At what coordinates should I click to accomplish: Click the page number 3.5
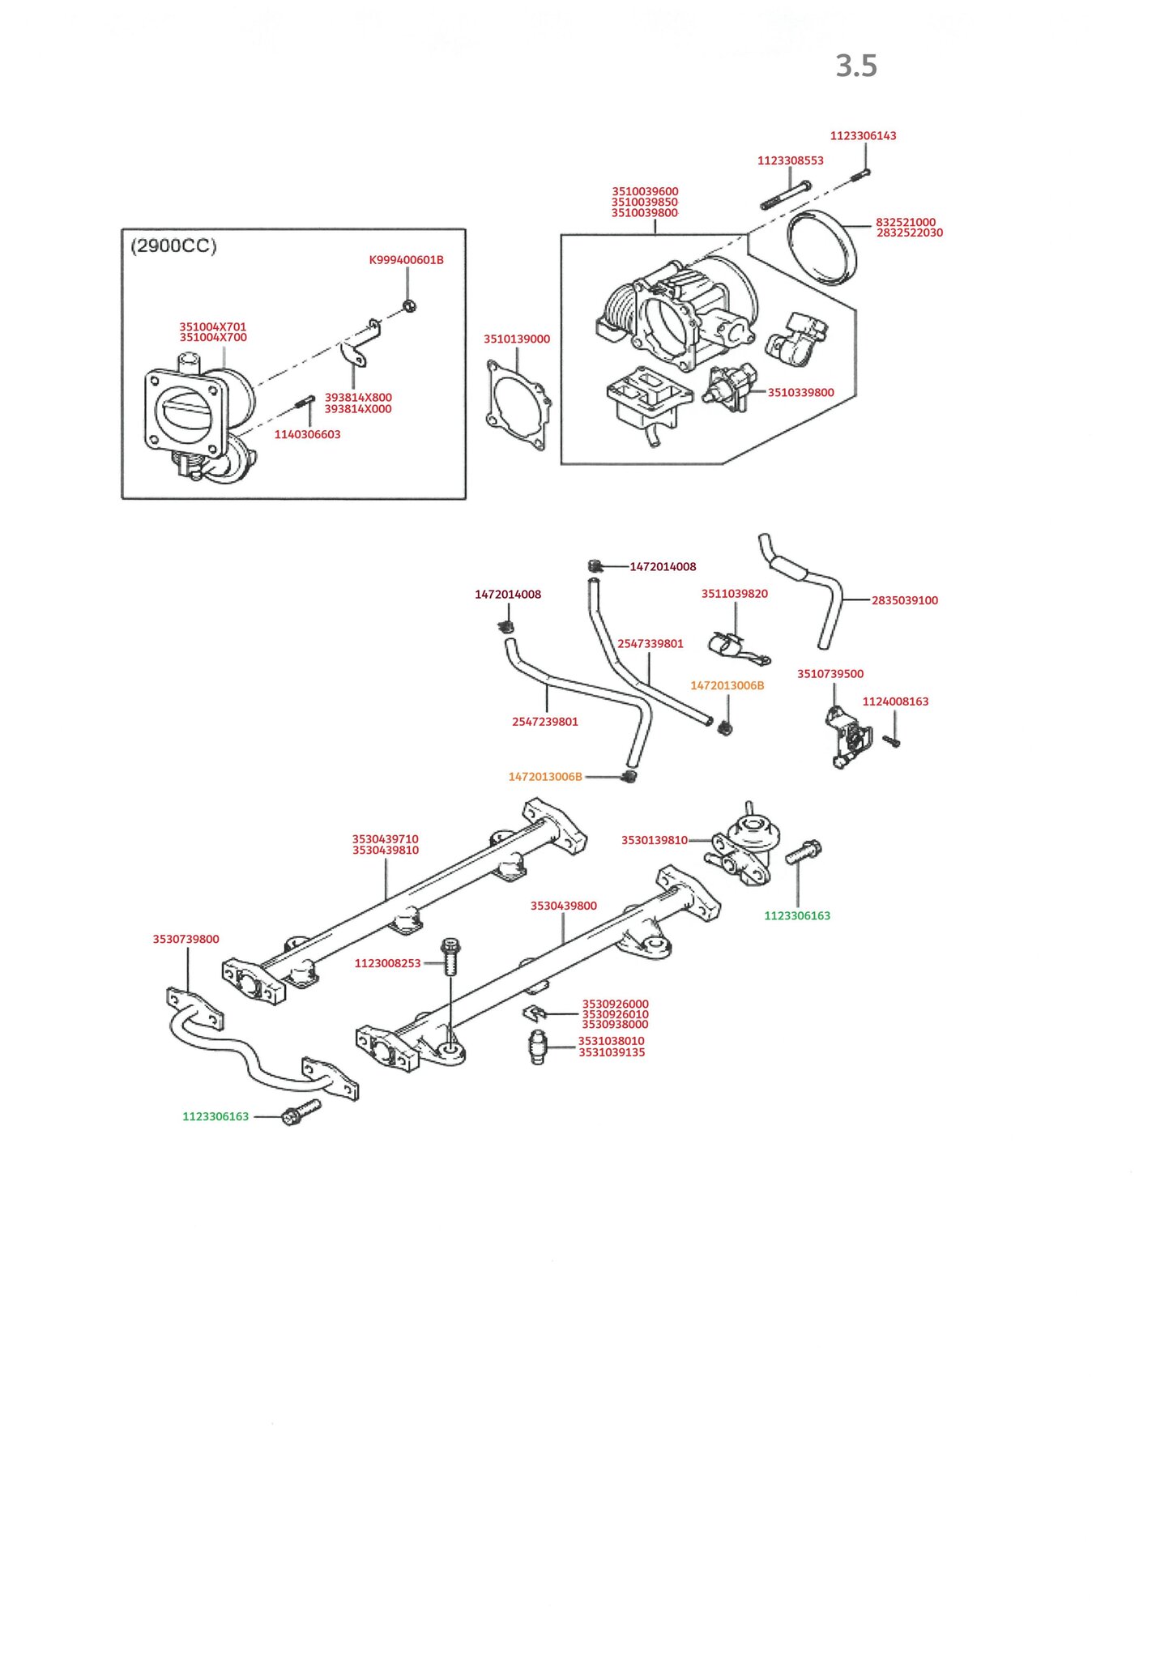click(x=856, y=66)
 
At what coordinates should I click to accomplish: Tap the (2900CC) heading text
click(x=173, y=246)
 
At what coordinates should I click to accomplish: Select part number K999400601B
click(x=406, y=260)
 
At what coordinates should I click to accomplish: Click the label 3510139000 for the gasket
click(x=517, y=339)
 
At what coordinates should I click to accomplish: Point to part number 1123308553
click(x=790, y=160)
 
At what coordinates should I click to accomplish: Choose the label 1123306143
click(x=863, y=136)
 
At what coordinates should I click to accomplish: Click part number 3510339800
click(x=800, y=393)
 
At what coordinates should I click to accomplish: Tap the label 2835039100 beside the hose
click(x=904, y=600)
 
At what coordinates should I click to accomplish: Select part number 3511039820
click(x=734, y=594)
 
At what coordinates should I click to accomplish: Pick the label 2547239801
click(x=544, y=722)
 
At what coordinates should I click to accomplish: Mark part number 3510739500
click(x=830, y=674)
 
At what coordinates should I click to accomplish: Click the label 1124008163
click(x=895, y=702)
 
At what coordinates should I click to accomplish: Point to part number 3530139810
click(x=654, y=840)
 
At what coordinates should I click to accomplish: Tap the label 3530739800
click(x=186, y=940)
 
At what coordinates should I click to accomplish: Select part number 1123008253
click(x=387, y=963)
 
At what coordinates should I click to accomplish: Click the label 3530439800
click(x=563, y=906)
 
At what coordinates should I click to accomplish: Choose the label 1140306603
click(x=307, y=435)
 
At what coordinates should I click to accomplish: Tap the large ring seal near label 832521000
click(x=822, y=247)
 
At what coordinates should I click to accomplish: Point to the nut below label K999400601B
click(x=409, y=305)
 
